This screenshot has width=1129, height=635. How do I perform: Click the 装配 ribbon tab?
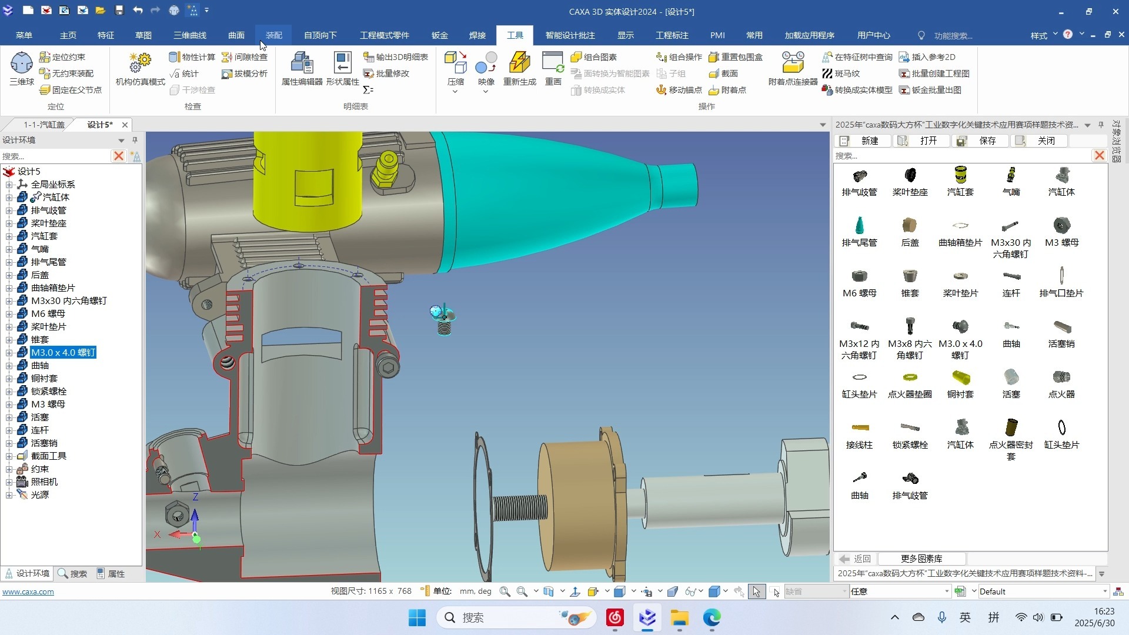click(273, 35)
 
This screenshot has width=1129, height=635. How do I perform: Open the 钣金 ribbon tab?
click(439, 35)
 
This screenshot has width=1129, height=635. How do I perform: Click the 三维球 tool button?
click(21, 68)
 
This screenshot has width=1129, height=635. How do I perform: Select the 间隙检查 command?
click(245, 57)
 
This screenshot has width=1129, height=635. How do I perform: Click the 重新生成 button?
click(520, 68)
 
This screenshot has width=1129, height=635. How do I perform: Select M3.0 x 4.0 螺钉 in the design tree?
click(63, 352)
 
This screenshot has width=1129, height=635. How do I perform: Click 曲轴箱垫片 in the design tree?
click(53, 288)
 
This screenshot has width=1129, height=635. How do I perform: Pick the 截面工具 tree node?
click(48, 456)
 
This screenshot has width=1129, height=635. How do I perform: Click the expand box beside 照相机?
click(9, 482)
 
